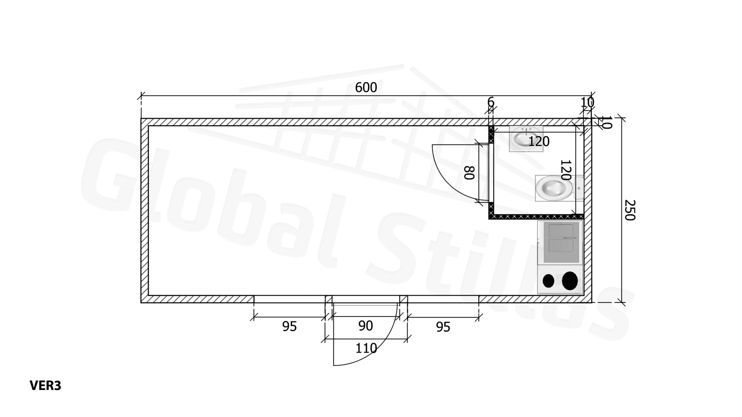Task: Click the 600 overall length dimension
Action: [366, 87]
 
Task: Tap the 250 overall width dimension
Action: [630, 210]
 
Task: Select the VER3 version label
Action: [46, 386]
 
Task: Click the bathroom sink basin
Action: [526, 138]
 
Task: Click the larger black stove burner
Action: [570, 281]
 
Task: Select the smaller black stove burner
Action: [548, 281]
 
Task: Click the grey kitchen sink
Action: [561, 242]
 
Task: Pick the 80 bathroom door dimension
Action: [469, 173]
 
